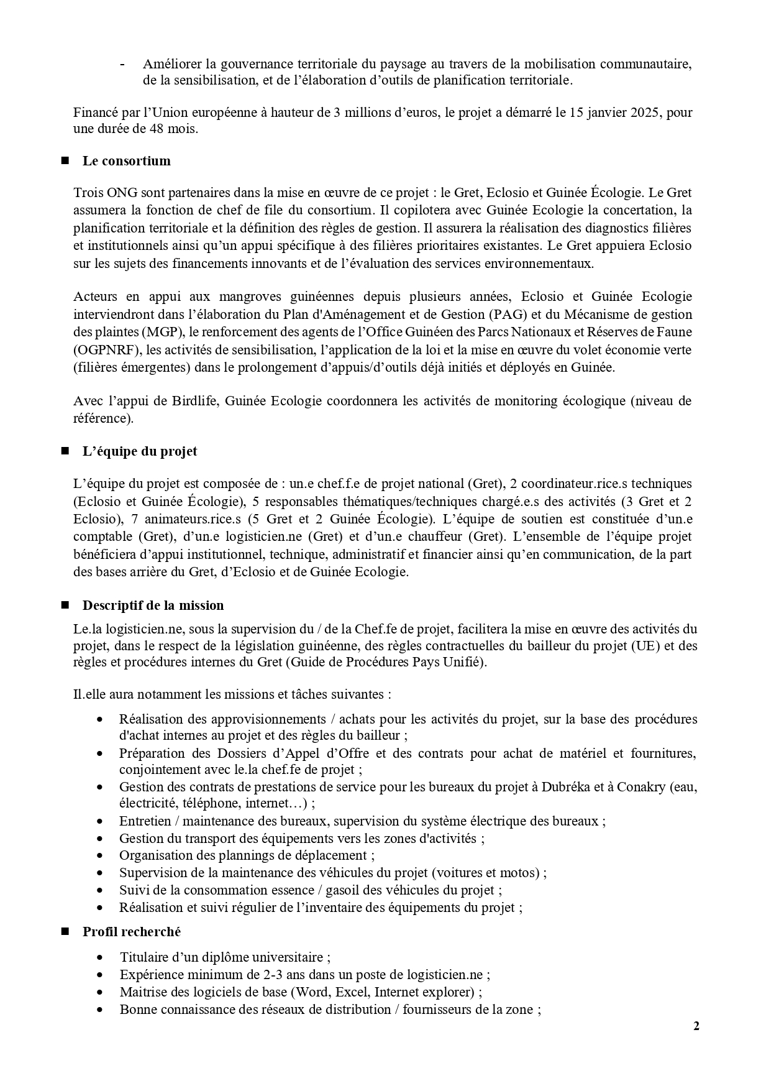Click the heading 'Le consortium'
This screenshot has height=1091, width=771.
click(x=126, y=161)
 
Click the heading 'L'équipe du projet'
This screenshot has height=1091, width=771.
click(x=140, y=451)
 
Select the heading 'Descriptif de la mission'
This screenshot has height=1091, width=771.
click(x=153, y=605)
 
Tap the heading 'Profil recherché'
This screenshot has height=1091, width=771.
click(x=132, y=932)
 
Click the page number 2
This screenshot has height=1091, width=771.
click(x=696, y=1026)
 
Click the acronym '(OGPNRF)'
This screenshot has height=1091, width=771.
click(x=104, y=350)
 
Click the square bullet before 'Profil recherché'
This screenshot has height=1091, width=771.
click(x=64, y=932)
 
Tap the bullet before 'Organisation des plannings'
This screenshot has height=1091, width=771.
click(x=100, y=855)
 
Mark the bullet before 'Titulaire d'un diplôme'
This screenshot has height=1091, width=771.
click(x=100, y=957)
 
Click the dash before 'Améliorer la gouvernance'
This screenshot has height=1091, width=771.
click(x=122, y=64)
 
